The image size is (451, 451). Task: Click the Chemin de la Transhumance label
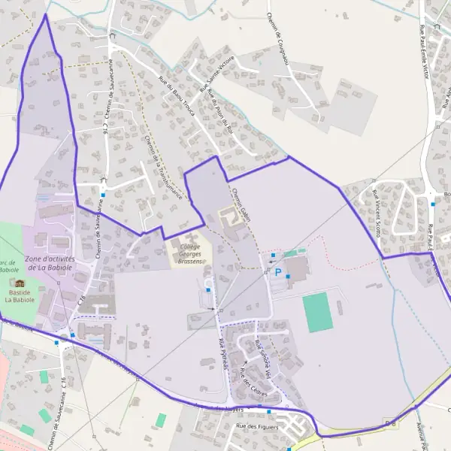pyautogui.click(x=163, y=166)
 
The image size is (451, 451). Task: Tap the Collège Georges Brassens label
pyautogui.click(x=190, y=253)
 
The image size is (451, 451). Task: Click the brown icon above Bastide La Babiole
pyautogui.click(x=20, y=283)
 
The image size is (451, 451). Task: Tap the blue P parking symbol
pyautogui.click(x=277, y=272)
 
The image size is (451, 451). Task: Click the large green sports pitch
pyautogui.click(x=318, y=313)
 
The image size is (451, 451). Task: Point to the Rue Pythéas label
pyautogui.click(x=223, y=353)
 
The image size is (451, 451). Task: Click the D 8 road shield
pyautogui.click(x=389, y=422)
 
